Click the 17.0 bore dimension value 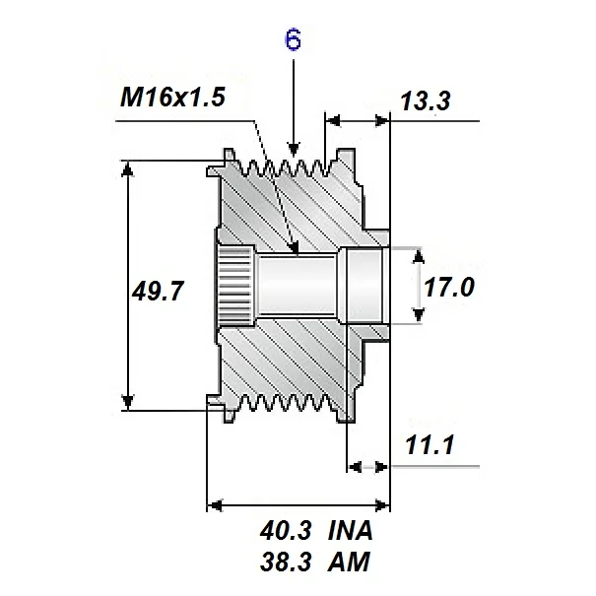click(x=449, y=287)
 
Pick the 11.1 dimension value click(x=429, y=445)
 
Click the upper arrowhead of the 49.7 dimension click(x=127, y=167)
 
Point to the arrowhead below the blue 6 click(x=293, y=148)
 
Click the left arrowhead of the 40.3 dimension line click(x=214, y=506)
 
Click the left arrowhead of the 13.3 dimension click(x=333, y=120)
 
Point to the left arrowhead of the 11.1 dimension click(x=355, y=465)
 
